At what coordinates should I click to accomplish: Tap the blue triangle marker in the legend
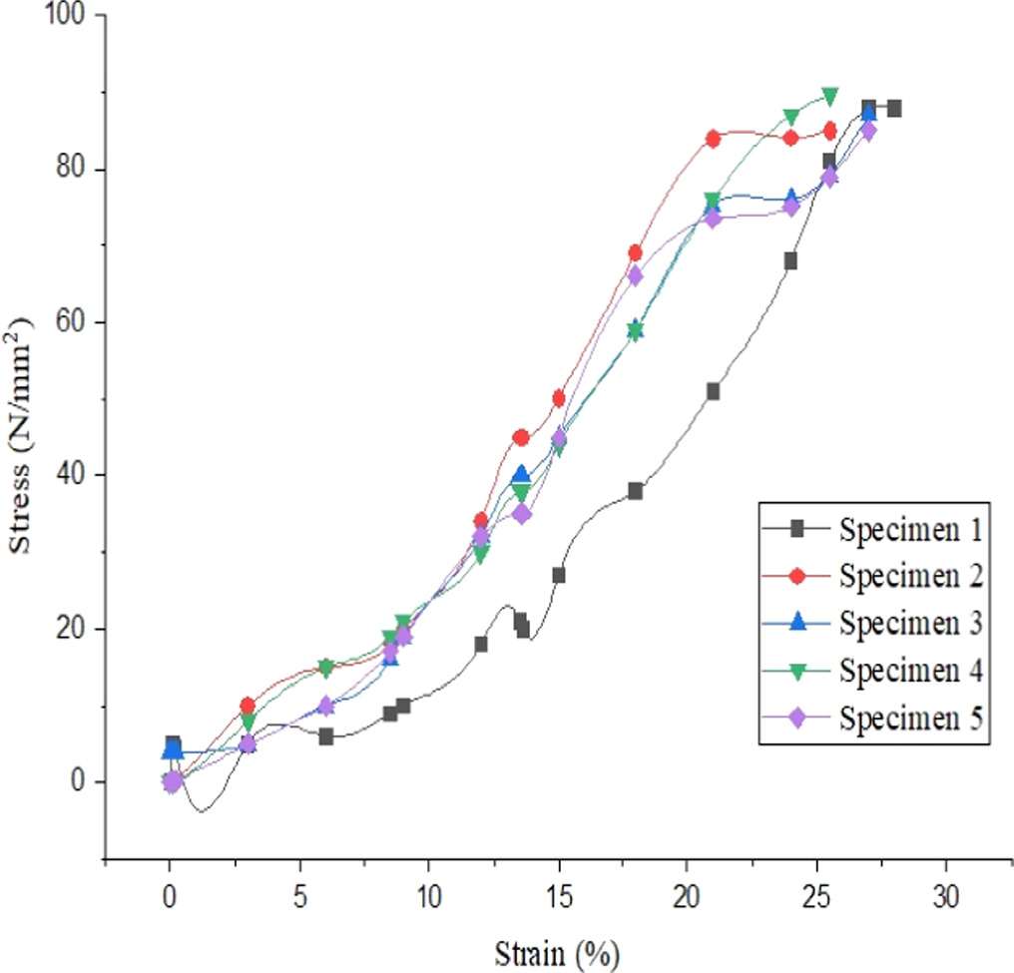tap(796, 623)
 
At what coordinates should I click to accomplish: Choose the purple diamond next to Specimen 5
tap(796, 718)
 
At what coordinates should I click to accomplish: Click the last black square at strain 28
tap(893, 108)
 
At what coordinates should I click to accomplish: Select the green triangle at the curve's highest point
tap(828, 95)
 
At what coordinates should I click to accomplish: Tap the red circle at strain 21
tap(713, 139)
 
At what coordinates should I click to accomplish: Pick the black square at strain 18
tap(635, 491)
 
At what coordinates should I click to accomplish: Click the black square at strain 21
tap(713, 391)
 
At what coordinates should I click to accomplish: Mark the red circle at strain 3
tap(248, 706)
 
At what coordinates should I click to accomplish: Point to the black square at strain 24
tap(790, 261)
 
